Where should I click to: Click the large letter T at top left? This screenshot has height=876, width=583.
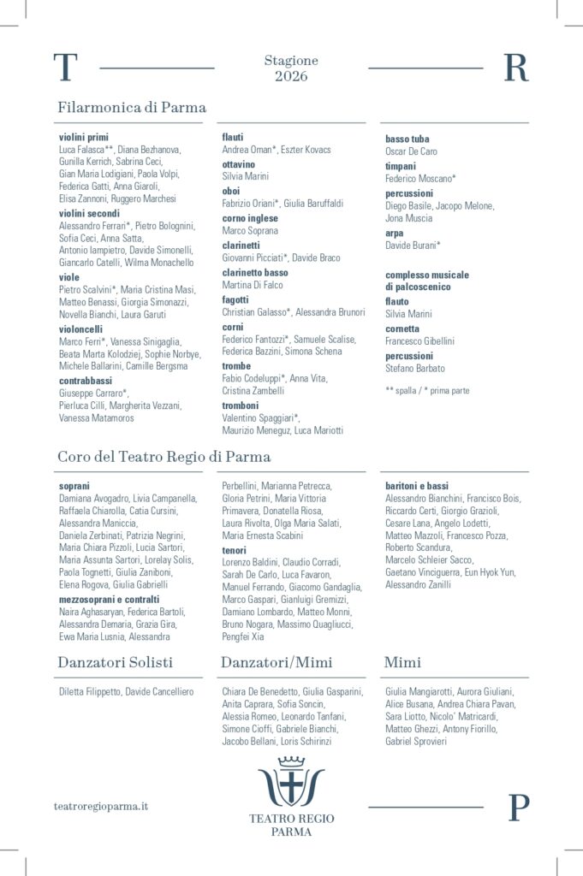click(x=65, y=68)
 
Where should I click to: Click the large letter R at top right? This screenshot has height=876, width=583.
click(x=515, y=68)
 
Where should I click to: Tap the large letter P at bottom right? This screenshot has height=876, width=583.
click(x=519, y=808)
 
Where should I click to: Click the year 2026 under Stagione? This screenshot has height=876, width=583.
click(x=291, y=76)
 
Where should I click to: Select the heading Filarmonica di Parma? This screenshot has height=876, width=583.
click(x=132, y=108)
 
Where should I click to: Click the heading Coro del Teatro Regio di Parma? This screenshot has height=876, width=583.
click(x=164, y=457)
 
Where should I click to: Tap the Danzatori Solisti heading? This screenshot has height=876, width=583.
click(x=115, y=662)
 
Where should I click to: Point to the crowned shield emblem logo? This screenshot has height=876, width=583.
click(x=291, y=780)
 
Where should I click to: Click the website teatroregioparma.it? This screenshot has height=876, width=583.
click(x=101, y=806)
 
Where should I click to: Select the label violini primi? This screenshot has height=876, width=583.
click(x=84, y=137)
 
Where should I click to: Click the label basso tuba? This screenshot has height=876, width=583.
click(x=408, y=139)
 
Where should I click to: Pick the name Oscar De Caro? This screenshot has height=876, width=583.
click(x=411, y=151)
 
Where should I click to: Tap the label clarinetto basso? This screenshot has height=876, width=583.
click(x=255, y=272)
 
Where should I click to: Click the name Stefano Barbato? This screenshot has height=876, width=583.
click(x=415, y=369)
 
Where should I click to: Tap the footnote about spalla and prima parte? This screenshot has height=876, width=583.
click(x=427, y=390)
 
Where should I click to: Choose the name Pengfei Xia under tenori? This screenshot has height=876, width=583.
click(x=243, y=636)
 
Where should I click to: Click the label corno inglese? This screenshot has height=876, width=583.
click(x=250, y=218)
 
